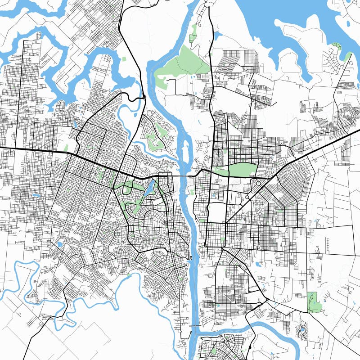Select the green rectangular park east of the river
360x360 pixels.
point(242,170)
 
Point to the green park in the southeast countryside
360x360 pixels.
point(314,301)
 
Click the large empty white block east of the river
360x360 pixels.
point(216,211)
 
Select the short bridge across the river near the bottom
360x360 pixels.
point(195,325)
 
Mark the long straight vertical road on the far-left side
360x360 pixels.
point(17,90)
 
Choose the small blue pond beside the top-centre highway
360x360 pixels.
point(218,35)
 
